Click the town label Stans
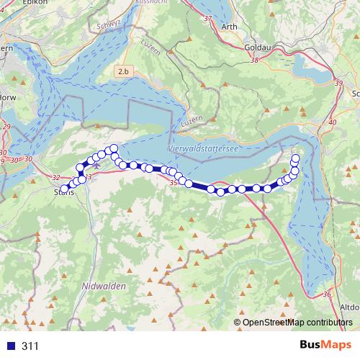(x=65, y=192)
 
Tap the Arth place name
(x=229, y=27)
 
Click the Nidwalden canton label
(x=105, y=286)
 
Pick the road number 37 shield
(x=209, y=18)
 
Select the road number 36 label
(x=328, y=294)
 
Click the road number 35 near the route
(x=173, y=184)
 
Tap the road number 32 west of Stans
(x=57, y=177)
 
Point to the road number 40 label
(x=332, y=122)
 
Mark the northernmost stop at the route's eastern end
(x=295, y=158)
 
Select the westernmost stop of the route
(x=65, y=189)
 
